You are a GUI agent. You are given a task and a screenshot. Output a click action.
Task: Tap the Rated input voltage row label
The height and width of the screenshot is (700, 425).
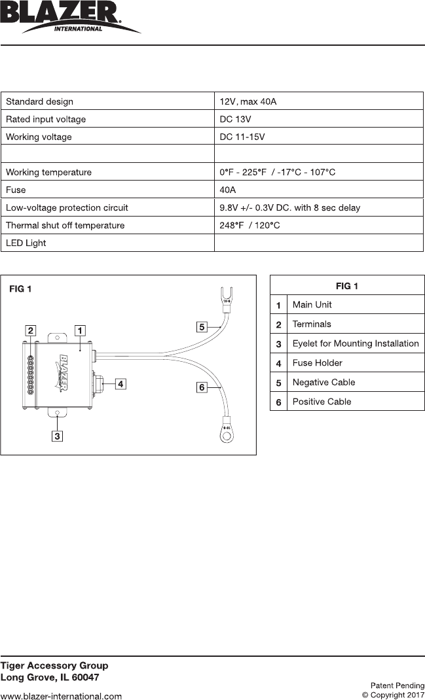tap(46, 119)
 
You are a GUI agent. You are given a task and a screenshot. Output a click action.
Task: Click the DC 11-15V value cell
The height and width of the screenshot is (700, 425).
tap(242, 137)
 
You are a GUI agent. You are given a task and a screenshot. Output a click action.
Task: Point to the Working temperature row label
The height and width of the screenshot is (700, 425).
tap(48, 172)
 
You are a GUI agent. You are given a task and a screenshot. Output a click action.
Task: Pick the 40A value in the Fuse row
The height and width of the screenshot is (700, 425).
tap(228, 190)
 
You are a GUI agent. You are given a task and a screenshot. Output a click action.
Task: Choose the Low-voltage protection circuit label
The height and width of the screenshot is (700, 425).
tap(67, 207)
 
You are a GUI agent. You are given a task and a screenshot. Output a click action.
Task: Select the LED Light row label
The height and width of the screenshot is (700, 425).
tap(26, 243)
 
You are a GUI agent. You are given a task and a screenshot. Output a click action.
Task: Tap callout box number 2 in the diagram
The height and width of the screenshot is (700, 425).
tap(31, 330)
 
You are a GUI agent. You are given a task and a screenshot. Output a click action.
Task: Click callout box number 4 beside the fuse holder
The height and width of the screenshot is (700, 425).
tap(120, 384)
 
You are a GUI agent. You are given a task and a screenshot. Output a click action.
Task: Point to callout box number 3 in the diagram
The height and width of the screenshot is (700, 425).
tap(58, 436)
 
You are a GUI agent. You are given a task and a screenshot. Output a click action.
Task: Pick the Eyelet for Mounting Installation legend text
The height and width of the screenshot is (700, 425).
tap(356, 343)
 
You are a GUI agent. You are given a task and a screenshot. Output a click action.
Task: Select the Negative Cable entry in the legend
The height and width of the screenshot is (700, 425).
tap(322, 382)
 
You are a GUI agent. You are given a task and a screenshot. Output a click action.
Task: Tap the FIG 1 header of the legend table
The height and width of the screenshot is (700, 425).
tap(347, 286)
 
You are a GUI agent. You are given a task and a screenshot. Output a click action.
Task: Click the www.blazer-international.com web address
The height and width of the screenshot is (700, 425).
tap(61, 696)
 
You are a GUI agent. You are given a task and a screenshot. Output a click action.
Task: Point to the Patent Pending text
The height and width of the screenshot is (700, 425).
tap(397, 686)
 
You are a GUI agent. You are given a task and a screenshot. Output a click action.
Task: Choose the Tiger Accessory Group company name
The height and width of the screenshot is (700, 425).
tap(54, 665)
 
